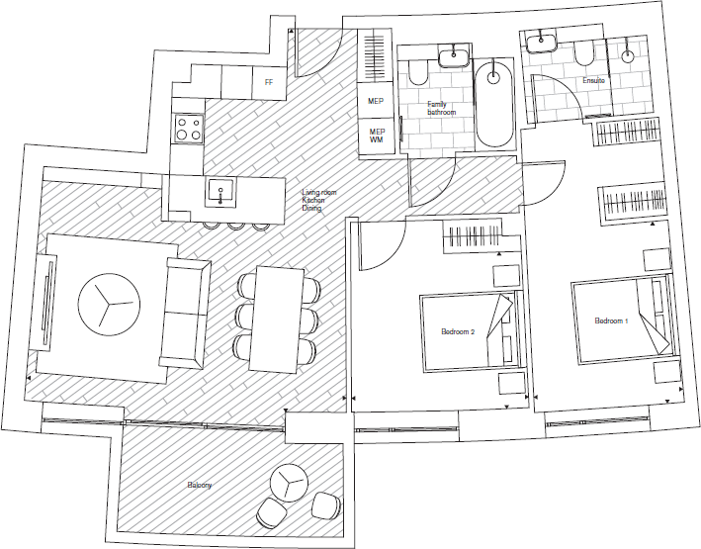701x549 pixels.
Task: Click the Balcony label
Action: click(x=200, y=486)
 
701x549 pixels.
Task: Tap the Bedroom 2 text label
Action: click(x=459, y=332)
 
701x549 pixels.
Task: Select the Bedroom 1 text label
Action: click(x=611, y=321)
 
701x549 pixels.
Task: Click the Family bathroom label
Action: click(x=442, y=109)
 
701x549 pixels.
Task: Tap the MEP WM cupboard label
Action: click(x=377, y=137)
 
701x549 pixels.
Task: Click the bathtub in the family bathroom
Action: click(x=493, y=103)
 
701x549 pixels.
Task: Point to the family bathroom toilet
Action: click(x=416, y=72)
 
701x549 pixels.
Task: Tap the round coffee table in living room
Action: click(x=104, y=307)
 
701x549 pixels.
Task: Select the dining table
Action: click(x=272, y=317)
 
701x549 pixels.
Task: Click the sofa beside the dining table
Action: click(x=185, y=309)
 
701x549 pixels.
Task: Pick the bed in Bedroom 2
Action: click(x=470, y=330)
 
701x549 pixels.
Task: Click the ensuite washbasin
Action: click(x=540, y=43)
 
